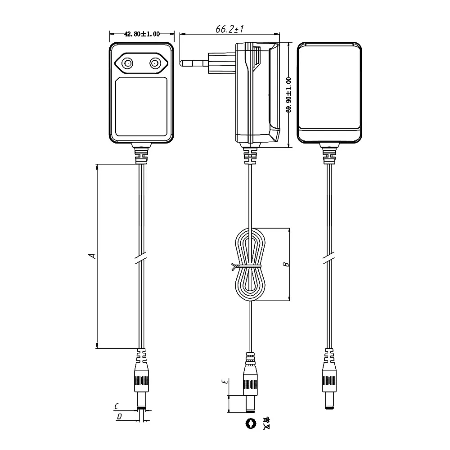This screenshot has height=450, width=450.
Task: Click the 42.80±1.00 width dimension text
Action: pyautogui.click(x=142, y=34)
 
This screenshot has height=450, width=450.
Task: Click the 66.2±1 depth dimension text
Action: pyautogui.click(x=229, y=30)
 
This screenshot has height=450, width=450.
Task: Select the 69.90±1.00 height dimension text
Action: pyautogui.click(x=288, y=94)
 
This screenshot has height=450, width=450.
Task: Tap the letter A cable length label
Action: pyautogui.click(x=92, y=256)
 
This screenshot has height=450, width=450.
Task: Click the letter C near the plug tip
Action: pyautogui.click(x=117, y=406)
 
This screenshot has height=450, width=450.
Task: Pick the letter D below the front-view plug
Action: pyautogui.click(x=119, y=417)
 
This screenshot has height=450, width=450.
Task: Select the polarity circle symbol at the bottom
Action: pyautogui.click(x=250, y=423)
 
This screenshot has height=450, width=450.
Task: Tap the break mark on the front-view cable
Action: pyautogui.click(x=141, y=258)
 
